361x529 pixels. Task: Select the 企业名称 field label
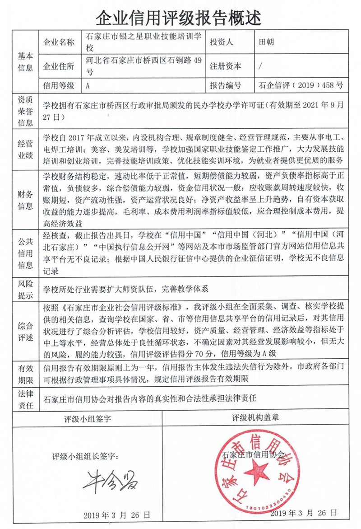[59, 42]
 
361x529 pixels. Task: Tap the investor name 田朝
[267, 42]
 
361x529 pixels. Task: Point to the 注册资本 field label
[225, 66]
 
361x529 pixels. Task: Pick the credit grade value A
[88, 85]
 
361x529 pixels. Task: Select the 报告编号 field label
[225, 85]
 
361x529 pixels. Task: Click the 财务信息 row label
[25, 200]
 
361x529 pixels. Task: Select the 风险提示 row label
[25, 290]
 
